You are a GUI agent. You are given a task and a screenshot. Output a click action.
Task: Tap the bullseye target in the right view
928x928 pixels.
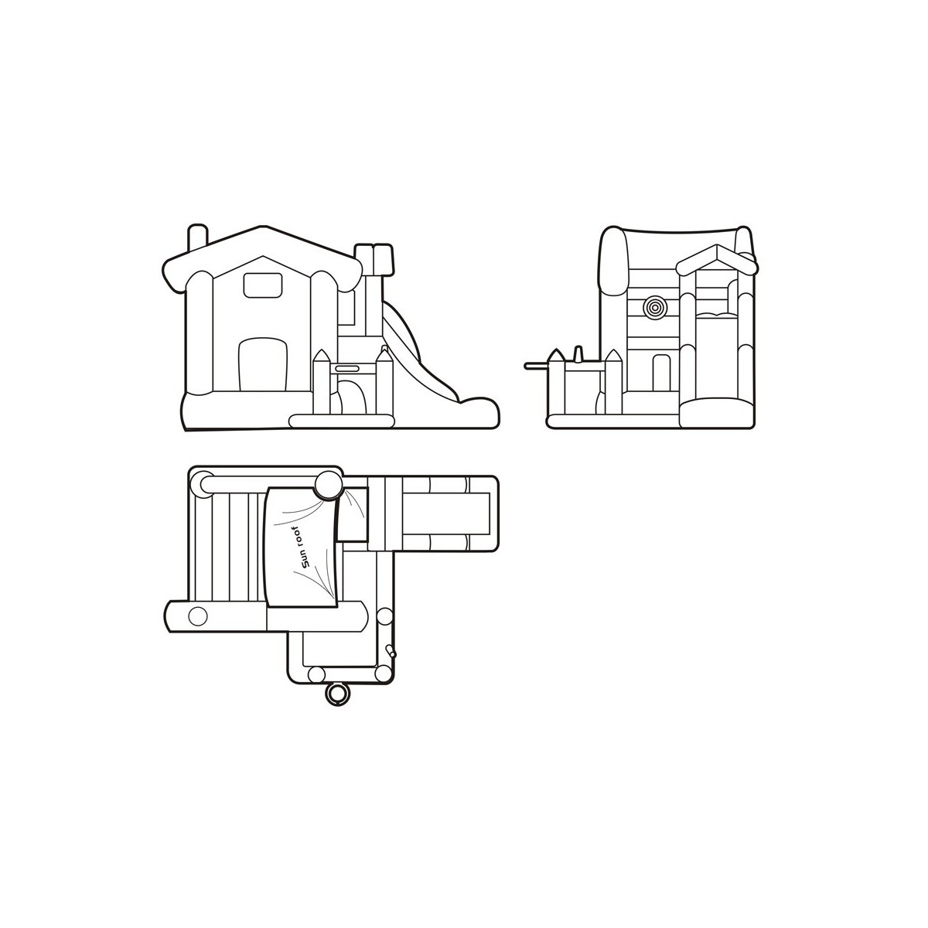[x=655, y=306]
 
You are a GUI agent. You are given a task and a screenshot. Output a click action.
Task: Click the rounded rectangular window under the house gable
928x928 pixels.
[x=262, y=285]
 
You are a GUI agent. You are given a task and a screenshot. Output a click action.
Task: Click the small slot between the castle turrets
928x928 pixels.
[x=346, y=368]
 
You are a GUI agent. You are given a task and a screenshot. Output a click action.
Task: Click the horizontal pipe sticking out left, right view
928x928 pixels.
[x=537, y=366]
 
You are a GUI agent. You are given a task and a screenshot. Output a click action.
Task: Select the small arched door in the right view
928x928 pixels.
[x=661, y=373]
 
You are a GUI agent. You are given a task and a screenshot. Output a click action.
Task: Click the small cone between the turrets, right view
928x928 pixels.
[x=579, y=353]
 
